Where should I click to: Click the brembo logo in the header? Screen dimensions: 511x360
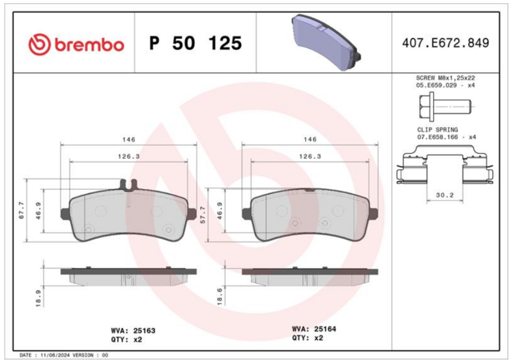[x=76, y=44]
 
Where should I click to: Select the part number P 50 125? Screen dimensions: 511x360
[x=195, y=43]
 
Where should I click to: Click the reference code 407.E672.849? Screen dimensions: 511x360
[x=445, y=43]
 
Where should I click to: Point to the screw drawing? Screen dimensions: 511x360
[x=445, y=107]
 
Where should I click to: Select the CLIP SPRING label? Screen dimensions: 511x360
[x=438, y=130]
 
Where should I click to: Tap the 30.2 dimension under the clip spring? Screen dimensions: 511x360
[x=445, y=195]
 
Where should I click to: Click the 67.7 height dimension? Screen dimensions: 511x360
[x=22, y=211]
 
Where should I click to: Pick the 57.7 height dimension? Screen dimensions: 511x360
[x=203, y=214]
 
